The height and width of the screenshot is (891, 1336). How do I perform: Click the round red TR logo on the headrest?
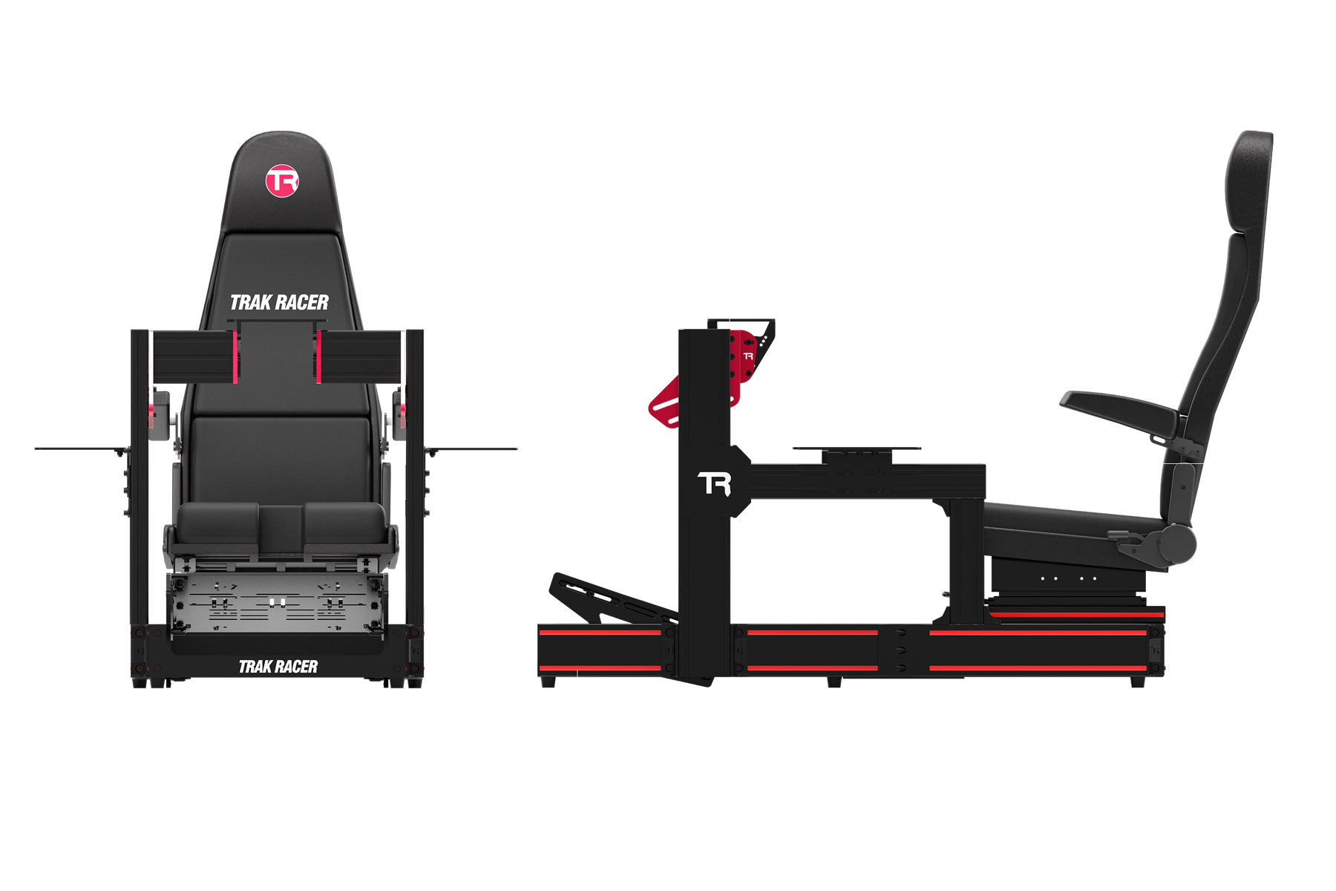point(282,181)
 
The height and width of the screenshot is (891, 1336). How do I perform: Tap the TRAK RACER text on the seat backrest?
point(279,303)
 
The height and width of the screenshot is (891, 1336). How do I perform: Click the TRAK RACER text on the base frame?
point(278,667)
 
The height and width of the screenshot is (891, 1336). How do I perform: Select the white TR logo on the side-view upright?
point(715,484)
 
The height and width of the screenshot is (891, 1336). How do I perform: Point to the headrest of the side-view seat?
point(1248,182)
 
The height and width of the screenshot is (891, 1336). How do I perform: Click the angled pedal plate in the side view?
point(613,598)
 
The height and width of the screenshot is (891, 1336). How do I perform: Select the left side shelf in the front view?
point(82,449)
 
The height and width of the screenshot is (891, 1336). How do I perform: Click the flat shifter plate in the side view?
point(857,449)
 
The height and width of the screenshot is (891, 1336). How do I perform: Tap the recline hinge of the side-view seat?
point(1176,544)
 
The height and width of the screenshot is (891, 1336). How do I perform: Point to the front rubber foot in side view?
point(548,681)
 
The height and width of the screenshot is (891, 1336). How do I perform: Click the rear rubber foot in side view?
point(1137,681)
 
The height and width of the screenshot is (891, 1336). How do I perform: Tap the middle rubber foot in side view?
point(834,681)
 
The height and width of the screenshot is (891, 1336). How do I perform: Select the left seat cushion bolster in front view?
point(217,528)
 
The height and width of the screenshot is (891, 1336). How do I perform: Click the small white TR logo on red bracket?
point(748,356)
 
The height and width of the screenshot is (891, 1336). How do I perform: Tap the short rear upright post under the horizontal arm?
point(967,561)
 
